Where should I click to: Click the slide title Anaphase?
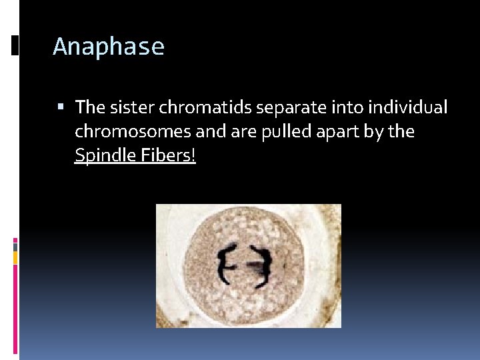point(108,47)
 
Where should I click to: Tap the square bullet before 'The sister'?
point(61,107)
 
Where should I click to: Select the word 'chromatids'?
point(199,107)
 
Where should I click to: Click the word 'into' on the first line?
point(343,107)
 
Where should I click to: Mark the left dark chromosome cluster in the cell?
point(226,265)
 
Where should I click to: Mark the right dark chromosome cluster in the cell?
point(262,266)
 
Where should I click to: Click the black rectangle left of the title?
point(15,45)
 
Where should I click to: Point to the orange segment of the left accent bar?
point(15,257)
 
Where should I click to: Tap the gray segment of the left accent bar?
point(15,246)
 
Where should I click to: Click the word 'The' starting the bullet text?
point(89,107)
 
